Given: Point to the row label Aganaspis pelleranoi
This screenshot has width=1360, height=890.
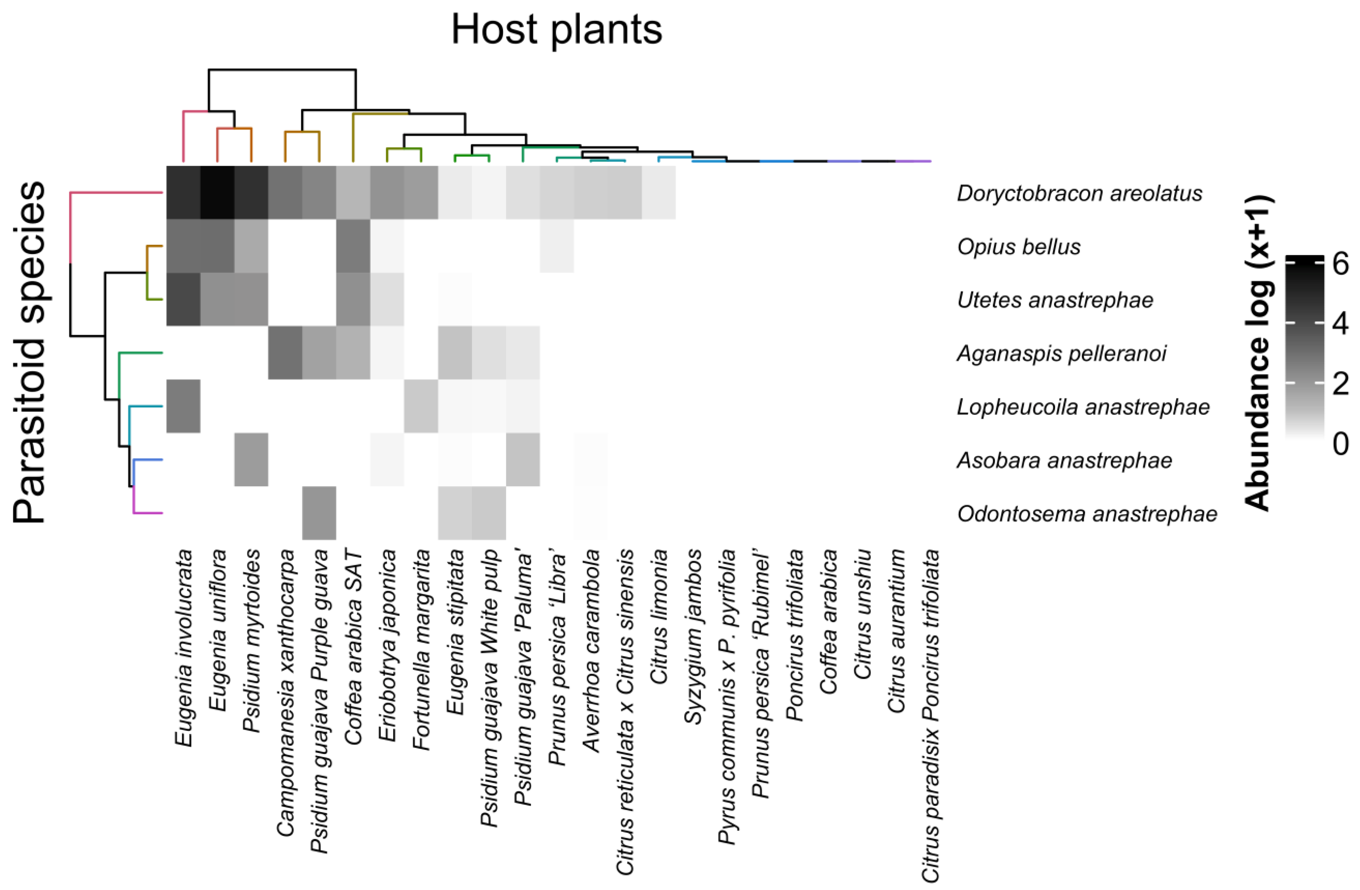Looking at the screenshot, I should [x=1062, y=353].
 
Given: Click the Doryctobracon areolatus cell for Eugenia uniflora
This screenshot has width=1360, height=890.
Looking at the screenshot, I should [x=217, y=193].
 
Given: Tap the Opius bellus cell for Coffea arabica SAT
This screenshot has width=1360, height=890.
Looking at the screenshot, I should [x=353, y=246].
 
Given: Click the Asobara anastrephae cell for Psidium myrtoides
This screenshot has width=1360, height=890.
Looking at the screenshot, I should [x=252, y=460].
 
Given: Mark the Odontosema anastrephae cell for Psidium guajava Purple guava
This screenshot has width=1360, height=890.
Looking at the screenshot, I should [x=319, y=513].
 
